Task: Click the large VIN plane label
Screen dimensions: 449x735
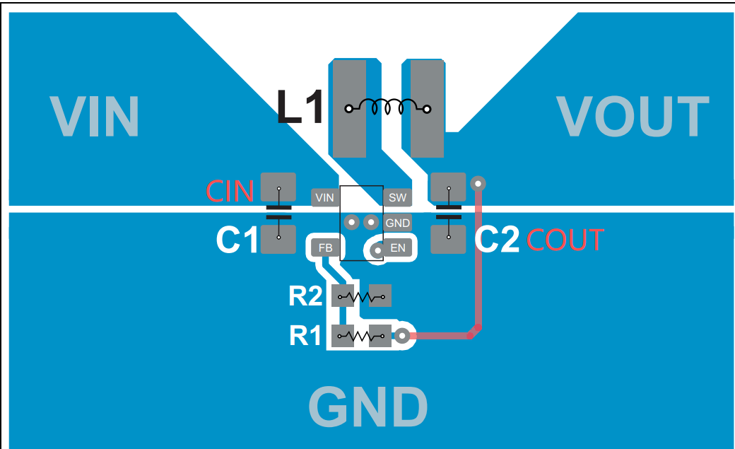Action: coord(95,116)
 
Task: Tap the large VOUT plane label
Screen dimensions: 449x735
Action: coord(632,116)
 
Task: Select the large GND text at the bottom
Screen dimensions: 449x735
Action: coord(368,407)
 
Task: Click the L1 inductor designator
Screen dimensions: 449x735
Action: coord(300,108)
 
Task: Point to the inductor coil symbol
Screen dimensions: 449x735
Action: coord(387,107)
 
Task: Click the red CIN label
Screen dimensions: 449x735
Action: coord(230,192)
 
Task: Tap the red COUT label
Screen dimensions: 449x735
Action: coord(565,241)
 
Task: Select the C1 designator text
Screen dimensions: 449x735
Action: coord(237,241)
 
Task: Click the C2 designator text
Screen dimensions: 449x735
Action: coord(498,240)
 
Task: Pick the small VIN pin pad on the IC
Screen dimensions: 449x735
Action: coord(324,198)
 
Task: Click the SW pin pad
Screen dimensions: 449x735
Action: coord(397,198)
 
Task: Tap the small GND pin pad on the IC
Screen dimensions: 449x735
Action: coord(397,223)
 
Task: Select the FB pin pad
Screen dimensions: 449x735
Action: coord(325,248)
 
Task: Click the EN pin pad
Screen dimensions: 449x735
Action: coord(398,248)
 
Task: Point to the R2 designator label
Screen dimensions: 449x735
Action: coord(305,296)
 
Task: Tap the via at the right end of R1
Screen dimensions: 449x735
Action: coord(403,337)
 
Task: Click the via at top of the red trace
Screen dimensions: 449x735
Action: coord(478,183)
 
